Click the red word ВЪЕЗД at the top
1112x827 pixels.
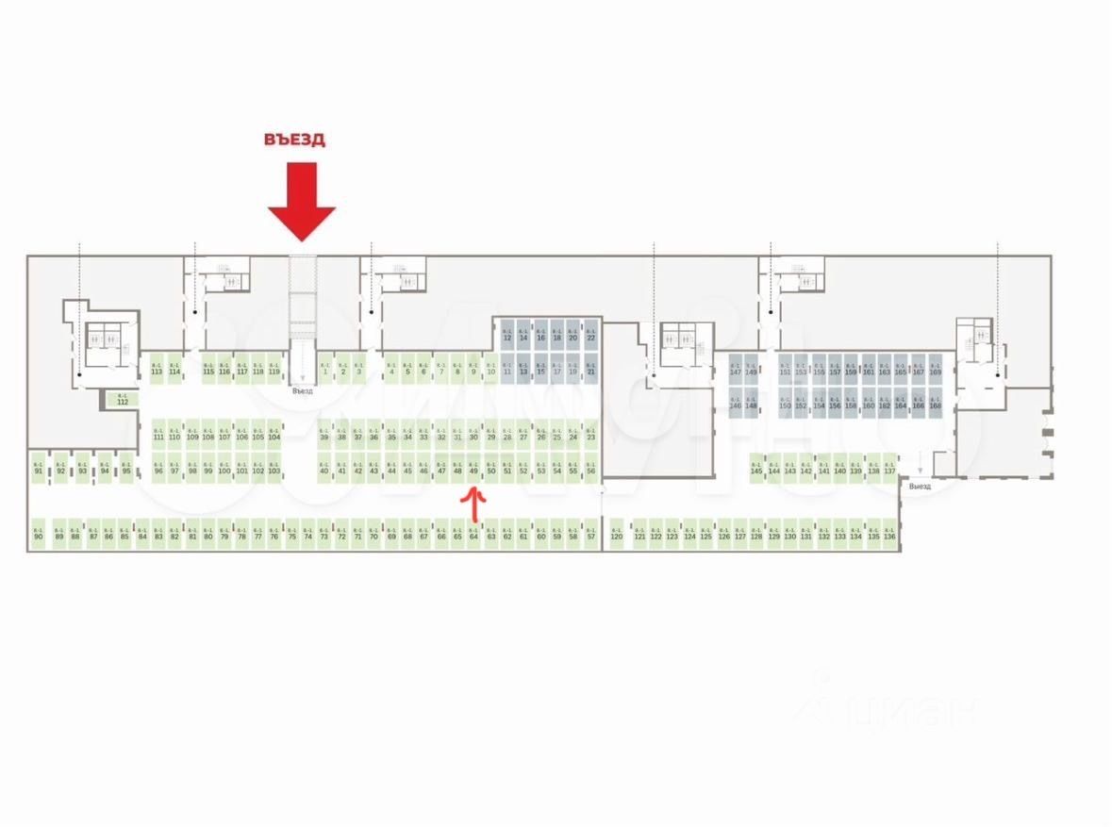click(294, 140)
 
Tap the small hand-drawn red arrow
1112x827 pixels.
click(475, 504)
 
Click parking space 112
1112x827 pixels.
click(122, 399)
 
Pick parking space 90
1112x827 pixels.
click(39, 533)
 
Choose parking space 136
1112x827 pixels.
click(889, 533)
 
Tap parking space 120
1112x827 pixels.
click(617, 533)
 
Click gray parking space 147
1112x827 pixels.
click(736, 369)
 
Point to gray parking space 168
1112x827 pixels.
click(935, 403)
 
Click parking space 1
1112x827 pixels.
click(325, 368)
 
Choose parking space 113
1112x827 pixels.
click(157, 368)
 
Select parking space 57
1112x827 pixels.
click(591, 533)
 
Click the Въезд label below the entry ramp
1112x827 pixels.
click(302, 390)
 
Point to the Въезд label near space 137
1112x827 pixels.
click(920, 487)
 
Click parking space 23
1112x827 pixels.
click(590, 434)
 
